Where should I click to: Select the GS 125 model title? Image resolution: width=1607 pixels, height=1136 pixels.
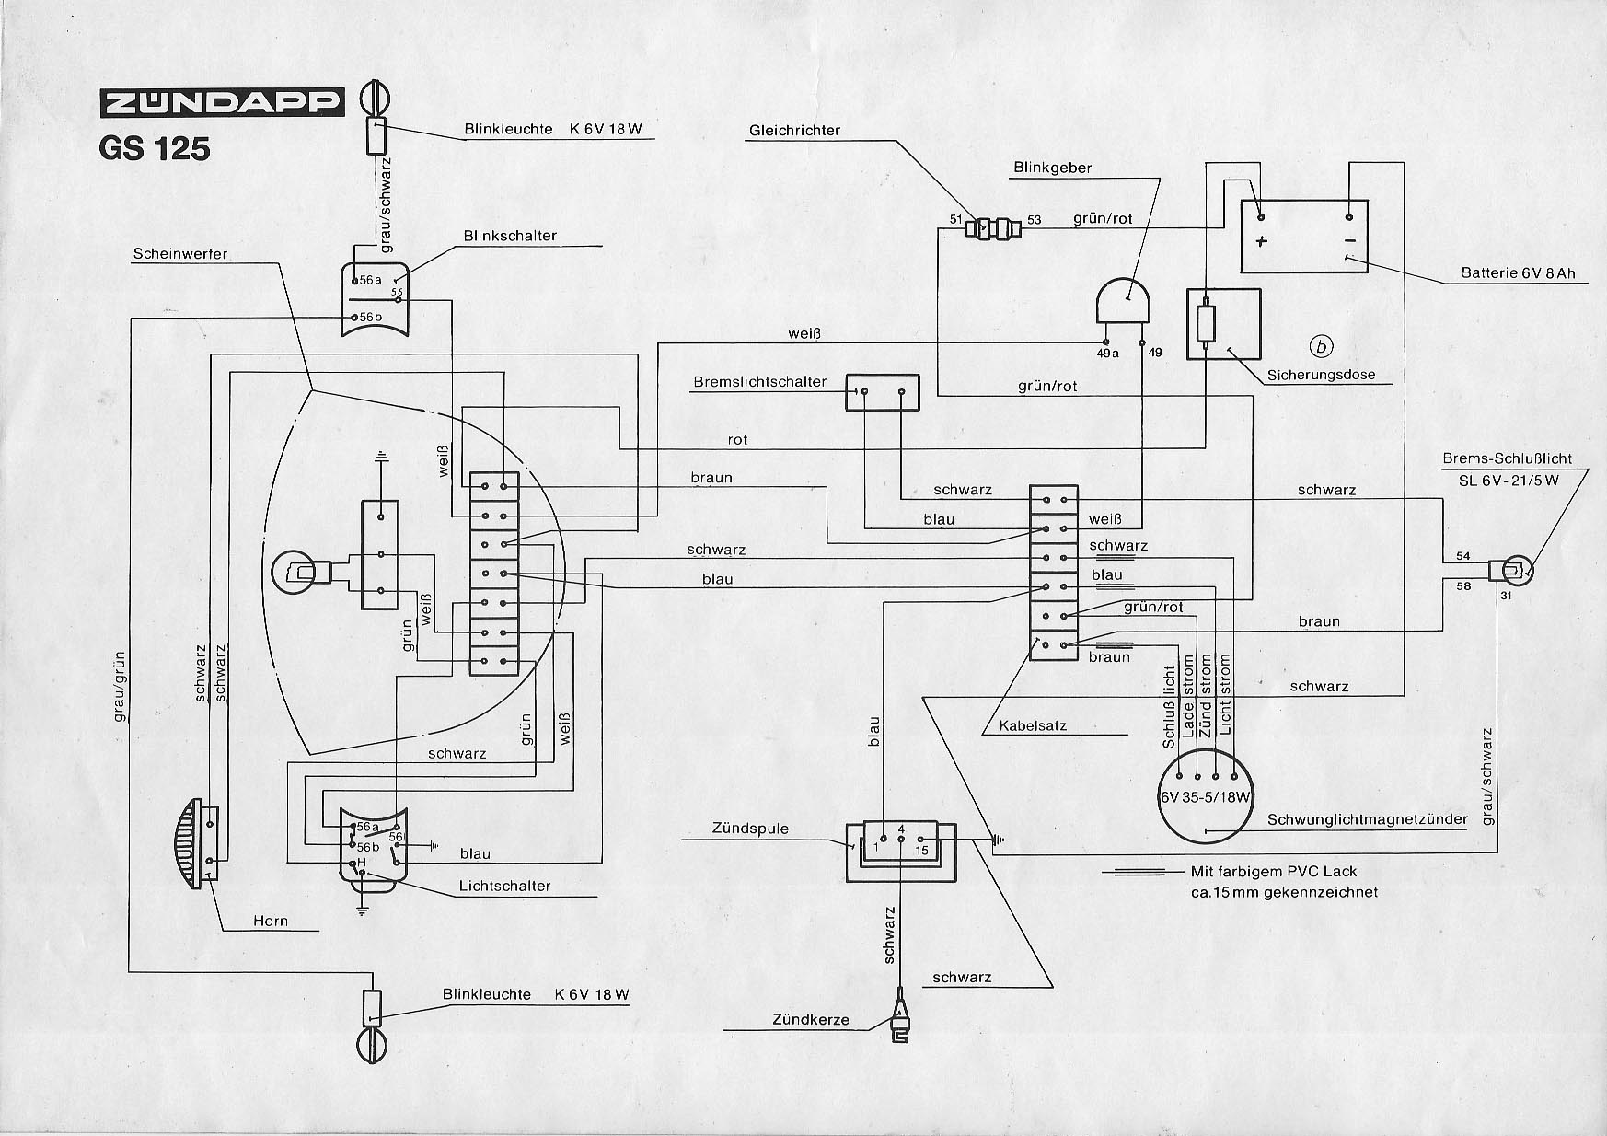pyautogui.click(x=155, y=149)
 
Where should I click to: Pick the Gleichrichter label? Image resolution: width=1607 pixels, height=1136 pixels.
pyautogui.click(x=794, y=131)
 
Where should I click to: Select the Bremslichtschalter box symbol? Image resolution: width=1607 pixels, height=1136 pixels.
pyautogui.click(x=883, y=392)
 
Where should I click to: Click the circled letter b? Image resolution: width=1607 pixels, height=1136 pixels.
pyautogui.click(x=1323, y=346)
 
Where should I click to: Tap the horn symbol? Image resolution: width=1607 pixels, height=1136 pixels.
pyautogui.click(x=194, y=842)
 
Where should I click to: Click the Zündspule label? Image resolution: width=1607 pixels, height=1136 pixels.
pyautogui.click(x=750, y=829)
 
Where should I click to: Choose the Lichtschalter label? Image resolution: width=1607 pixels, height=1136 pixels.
pyautogui.click(x=504, y=887)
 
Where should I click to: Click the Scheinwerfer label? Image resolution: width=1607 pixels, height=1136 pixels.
pyautogui.click(x=180, y=253)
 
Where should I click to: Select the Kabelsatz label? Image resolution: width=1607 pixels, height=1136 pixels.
pyautogui.click(x=1035, y=725)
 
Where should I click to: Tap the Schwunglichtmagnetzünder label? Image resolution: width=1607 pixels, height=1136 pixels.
pyautogui.click(x=1367, y=820)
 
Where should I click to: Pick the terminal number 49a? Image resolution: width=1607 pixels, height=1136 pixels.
pyautogui.click(x=1107, y=353)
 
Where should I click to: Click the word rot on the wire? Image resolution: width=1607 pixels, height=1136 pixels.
pyautogui.click(x=737, y=440)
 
